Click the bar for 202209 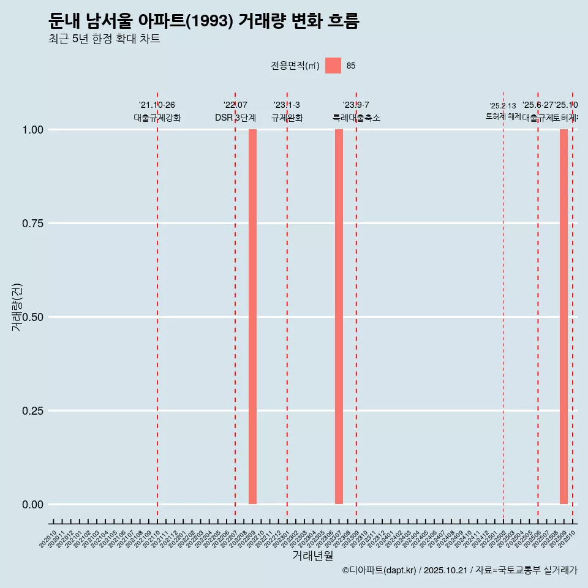pos(252,317)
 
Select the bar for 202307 pos(339,317)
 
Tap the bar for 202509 pos(563,317)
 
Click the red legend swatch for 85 pos(333,66)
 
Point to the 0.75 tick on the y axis pos(34,224)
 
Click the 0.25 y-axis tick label pos(34,411)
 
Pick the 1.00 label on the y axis pos(34,130)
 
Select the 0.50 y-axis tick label pos(34,317)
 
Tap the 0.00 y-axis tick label pos(34,505)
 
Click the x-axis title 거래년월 pos(313,556)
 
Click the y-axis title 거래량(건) pos(17,307)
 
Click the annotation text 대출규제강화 pos(157,118)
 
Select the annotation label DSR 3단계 pos(235,118)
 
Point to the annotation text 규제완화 pos(287,118)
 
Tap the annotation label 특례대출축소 pos(356,118)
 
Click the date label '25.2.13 pos(503,106)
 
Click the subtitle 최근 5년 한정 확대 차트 pos(104,39)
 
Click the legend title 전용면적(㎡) pos(295,66)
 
